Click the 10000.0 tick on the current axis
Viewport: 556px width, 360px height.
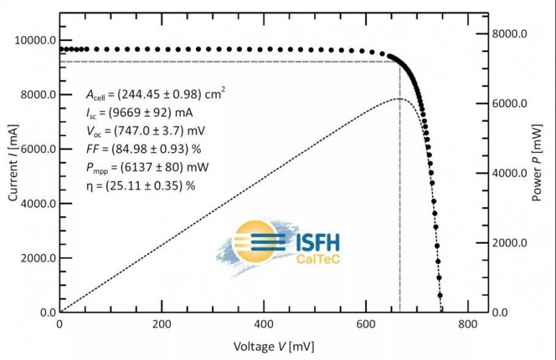point(34,40)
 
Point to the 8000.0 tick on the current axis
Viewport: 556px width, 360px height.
point(34,95)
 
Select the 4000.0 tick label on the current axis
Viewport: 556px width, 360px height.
point(34,204)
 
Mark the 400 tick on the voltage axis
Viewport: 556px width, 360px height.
point(263,325)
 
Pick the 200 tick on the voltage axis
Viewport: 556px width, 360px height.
point(161,325)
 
